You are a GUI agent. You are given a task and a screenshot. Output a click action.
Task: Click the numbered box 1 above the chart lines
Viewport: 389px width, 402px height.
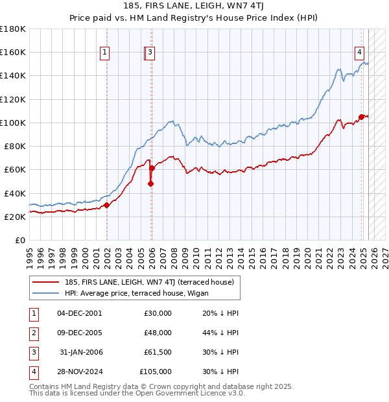pyautogui.click(x=104, y=53)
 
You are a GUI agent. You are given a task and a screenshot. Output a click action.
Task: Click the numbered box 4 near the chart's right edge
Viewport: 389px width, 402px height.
pyautogui.click(x=359, y=53)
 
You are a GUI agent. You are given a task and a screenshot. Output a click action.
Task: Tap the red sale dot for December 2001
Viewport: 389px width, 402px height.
pyautogui.click(x=107, y=206)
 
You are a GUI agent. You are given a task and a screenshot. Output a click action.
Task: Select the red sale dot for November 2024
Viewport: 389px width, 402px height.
pyautogui.click(x=361, y=117)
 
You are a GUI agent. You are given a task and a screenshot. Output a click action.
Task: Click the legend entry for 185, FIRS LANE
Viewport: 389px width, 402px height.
pyautogui.click(x=153, y=281)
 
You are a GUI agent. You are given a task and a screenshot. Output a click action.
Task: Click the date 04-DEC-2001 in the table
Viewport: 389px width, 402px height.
pyautogui.click(x=80, y=313)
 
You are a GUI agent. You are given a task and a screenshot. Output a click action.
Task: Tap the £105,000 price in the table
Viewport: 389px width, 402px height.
pyautogui.click(x=155, y=372)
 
